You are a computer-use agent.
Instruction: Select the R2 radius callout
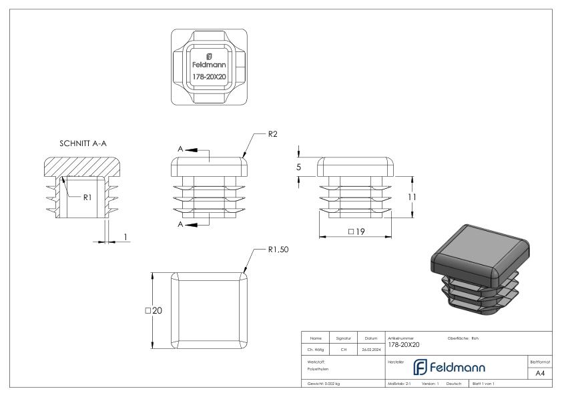point(272,135)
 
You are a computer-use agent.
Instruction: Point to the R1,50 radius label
point(277,250)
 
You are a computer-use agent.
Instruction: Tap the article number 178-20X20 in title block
point(404,344)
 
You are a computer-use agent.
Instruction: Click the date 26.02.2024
point(371,348)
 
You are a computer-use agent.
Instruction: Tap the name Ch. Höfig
point(316,348)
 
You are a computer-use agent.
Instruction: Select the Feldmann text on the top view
point(209,65)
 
